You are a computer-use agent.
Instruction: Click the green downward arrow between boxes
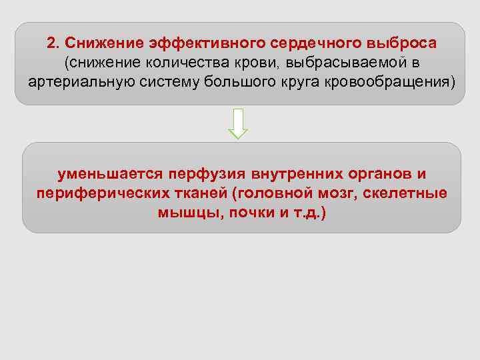238,123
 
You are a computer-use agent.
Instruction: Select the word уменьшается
111,174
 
